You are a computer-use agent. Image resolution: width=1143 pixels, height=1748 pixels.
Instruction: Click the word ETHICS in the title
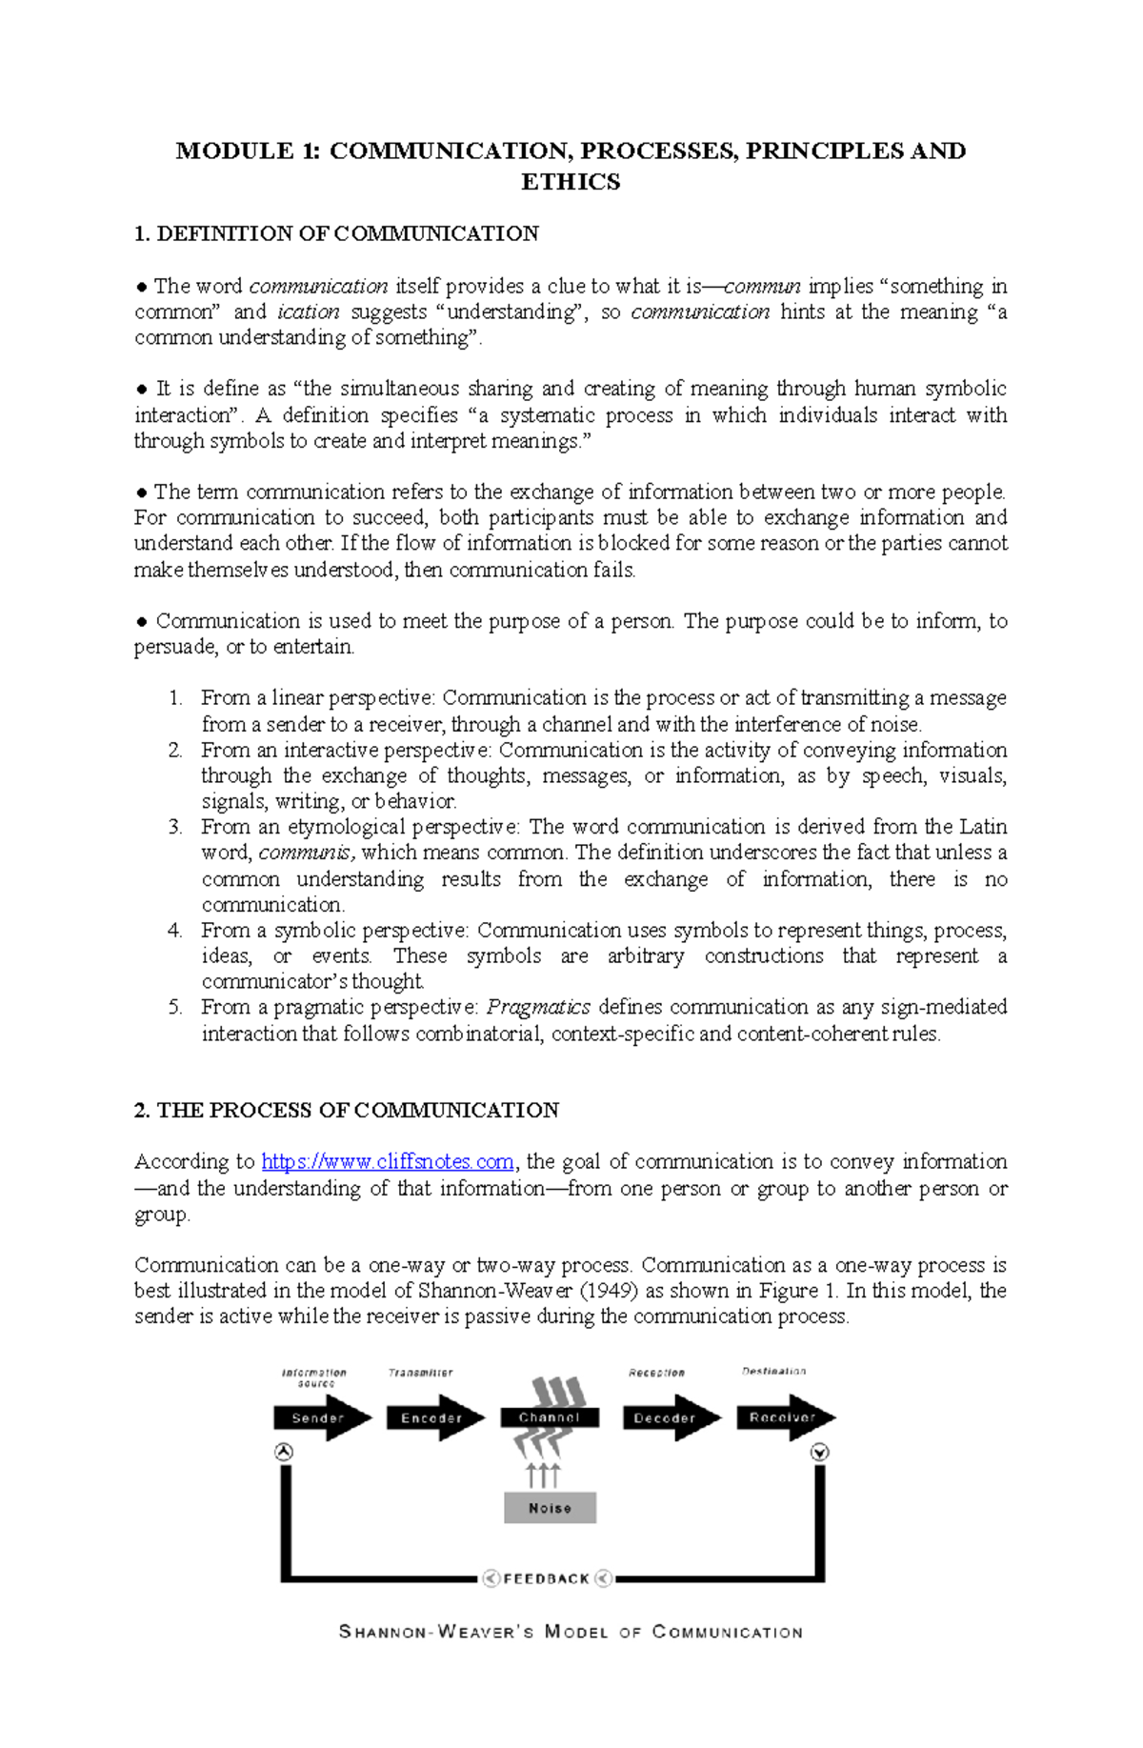[571, 182]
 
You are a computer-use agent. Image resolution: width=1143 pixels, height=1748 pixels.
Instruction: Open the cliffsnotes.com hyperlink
[388, 1161]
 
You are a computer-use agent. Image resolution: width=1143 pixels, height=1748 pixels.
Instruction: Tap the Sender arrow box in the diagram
[317, 1417]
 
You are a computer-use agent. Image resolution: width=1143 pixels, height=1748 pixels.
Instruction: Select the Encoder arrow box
[431, 1417]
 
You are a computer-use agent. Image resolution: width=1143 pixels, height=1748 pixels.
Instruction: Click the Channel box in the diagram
[550, 1417]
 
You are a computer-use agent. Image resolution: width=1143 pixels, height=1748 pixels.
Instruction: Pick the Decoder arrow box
[664, 1417]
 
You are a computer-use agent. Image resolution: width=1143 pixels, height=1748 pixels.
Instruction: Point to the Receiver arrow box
[781, 1417]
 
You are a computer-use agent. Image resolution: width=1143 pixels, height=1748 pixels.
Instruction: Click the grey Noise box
[550, 1508]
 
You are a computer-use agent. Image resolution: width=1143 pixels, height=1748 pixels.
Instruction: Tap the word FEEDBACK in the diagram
[547, 1578]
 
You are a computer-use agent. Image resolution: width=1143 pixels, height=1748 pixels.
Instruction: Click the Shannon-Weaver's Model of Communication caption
[571, 1632]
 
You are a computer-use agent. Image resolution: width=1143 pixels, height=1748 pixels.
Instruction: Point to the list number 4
[174, 930]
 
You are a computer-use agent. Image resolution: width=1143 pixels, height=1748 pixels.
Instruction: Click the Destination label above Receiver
[773, 1371]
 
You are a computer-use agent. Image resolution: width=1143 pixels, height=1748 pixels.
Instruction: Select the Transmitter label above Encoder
[420, 1373]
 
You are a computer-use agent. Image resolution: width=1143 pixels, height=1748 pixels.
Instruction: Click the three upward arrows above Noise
[543, 1475]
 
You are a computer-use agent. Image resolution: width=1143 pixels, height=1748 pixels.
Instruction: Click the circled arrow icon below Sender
[283, 1452]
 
